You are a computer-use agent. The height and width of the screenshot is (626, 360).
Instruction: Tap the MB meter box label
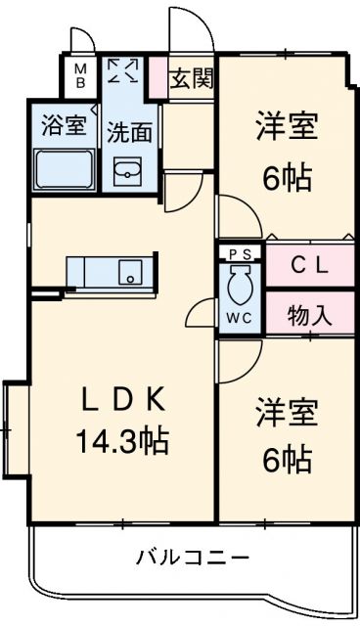(82, 75)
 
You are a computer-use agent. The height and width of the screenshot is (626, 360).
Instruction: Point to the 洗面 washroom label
(128, 132)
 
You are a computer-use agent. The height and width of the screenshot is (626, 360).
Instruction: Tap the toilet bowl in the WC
(240, 287)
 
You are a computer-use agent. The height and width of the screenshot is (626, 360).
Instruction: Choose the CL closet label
(309, 263)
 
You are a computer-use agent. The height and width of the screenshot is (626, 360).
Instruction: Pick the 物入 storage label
(309, 316)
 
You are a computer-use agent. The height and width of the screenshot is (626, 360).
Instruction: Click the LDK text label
(123, 401)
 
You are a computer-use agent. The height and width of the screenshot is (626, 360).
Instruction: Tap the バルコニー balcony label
(192, 559)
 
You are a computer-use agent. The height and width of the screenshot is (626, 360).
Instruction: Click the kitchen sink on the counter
(128, 270)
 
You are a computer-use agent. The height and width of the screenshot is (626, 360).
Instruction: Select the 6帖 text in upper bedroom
(287, 179)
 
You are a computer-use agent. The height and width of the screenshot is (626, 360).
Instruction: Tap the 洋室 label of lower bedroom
(287, 411)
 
